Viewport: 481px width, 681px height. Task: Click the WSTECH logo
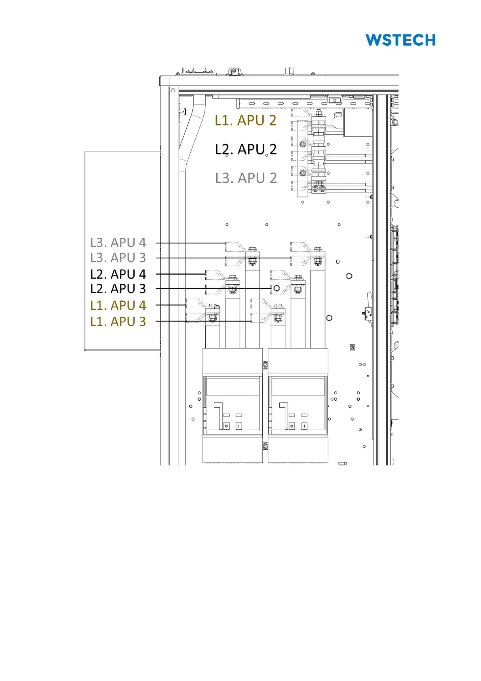tap(400, 40)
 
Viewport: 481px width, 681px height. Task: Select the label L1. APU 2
tap(245, 121)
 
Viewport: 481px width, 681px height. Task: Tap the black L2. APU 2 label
tap(246, 149)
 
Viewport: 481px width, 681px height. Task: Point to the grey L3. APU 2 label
tap(246, 178)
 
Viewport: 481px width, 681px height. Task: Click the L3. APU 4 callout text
tap(118, 243)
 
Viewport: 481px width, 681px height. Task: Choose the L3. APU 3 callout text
tap(118, 258)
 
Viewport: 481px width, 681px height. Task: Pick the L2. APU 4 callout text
tap(118, 274)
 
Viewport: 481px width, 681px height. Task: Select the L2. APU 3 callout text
tap(118, 288)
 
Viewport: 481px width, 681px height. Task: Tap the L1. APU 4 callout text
tap(118, 305)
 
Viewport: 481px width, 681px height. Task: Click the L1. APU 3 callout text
tap(118, 321)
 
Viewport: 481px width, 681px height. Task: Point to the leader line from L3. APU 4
tap(190, 243)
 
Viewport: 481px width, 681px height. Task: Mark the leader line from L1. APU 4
tap(171, 305)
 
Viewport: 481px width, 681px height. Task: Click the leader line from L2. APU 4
tap(181, 274)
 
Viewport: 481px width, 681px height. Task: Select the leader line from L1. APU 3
tap(203, 321)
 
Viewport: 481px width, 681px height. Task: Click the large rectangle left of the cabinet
tap(122, 251)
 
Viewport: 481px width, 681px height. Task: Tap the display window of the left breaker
tap(232, 387)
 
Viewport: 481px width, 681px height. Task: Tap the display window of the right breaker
tap(298, 387)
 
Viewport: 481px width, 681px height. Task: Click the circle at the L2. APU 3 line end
tap(276, 288)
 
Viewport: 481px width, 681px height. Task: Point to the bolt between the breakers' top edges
tap(265, 364)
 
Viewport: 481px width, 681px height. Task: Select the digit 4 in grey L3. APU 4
tap(143, 243)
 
